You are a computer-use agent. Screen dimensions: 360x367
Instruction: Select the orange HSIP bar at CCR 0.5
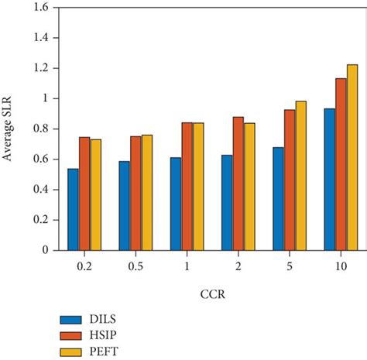click(135, 194)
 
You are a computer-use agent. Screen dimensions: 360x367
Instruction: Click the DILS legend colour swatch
click(72, 319)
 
